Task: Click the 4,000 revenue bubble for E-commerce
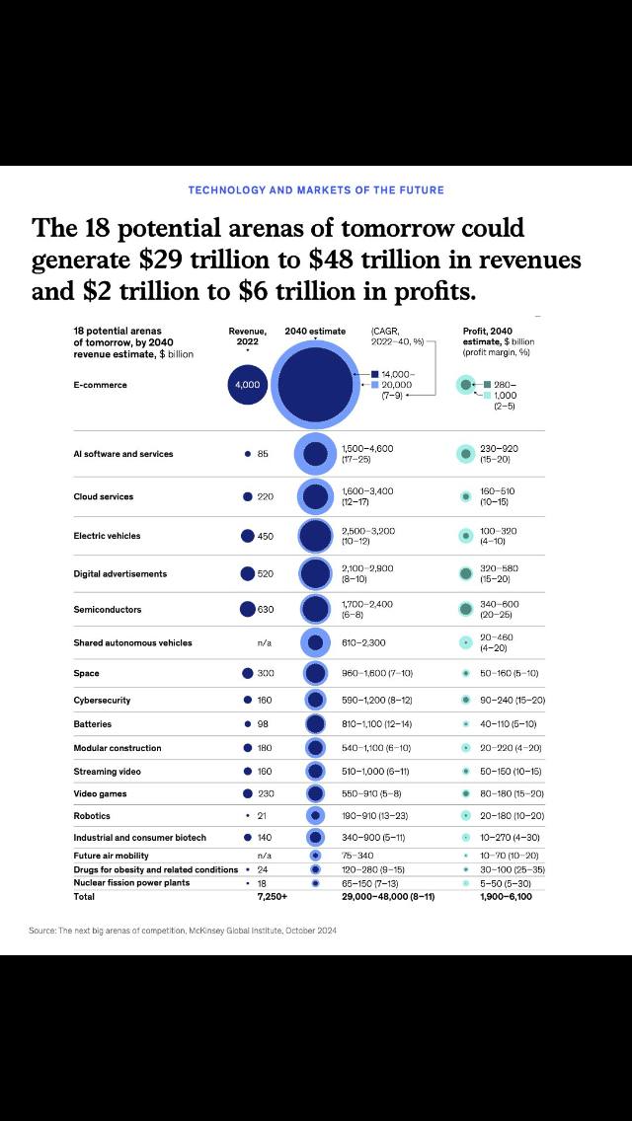(247, 385)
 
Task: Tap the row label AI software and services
(123, 454)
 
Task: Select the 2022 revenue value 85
(263, 454)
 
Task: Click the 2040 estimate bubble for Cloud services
(315, 496)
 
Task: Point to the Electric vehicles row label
(107, 536)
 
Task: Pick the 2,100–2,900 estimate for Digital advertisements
(366, 568)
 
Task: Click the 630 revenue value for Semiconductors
(266, 610)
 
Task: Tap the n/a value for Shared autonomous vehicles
(264, 643)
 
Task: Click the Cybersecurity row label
(102, 701)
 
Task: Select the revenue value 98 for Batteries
(264, 724)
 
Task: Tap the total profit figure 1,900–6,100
(506, 897)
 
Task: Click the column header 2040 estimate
(315, 331)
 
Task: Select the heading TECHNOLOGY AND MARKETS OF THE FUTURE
(316, 189)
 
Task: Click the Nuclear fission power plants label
(131, 883)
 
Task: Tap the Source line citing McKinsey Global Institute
(184, 931)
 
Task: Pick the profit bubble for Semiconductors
(465, 610)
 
